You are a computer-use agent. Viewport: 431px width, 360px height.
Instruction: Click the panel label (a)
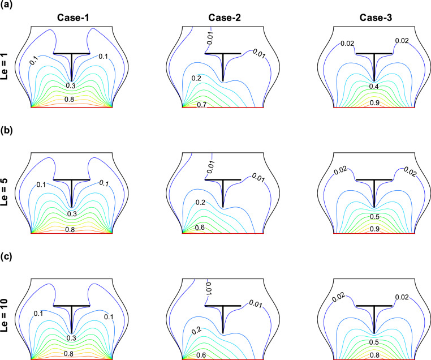[x=7, y=7]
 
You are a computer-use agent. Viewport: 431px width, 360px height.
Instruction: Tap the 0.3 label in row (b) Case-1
[x=72, y=213]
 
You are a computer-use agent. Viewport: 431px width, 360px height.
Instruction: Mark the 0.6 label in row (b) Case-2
[x=201, y=228]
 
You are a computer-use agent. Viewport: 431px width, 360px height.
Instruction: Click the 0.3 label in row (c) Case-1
[x=72, y=340]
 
